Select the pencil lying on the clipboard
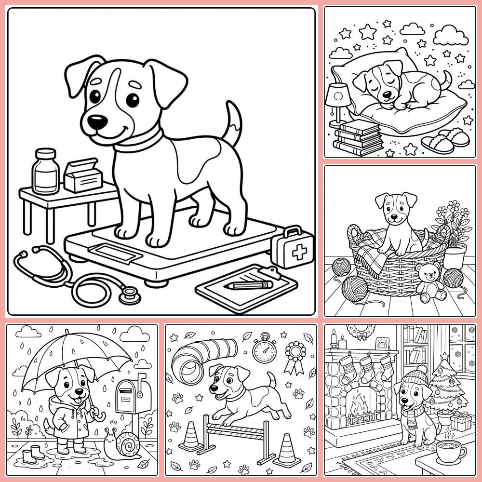click(248, 285)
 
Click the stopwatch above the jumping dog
click(264, 350)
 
